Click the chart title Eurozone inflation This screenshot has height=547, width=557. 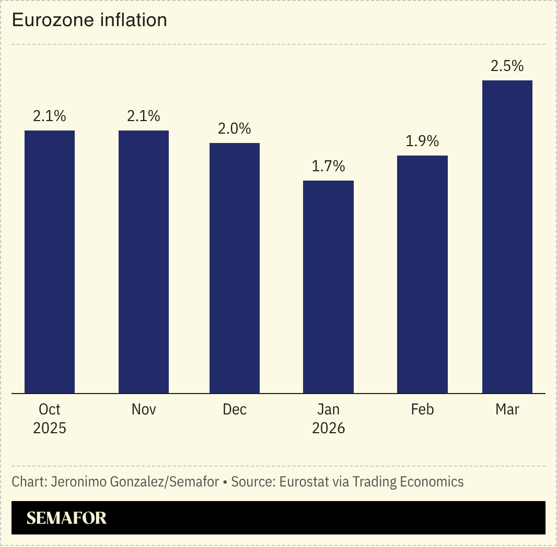click(x=89, y=20)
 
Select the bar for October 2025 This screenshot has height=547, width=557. click(x=50, y=261)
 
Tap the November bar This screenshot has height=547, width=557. click(x=144, y=261)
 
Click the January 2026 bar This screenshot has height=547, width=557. click(x=329, y=287)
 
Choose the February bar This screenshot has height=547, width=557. click(x=422, y=274)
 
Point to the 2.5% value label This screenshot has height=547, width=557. click(x=507, y=66)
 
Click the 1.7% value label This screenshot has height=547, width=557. click(x=329, y=167)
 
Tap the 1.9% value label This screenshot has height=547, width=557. click(x=422, y=141)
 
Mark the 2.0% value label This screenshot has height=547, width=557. click(x=235, y=129)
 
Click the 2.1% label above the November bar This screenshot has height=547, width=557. click(x=144, y=116)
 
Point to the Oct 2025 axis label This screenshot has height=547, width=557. click(x=50, y=419)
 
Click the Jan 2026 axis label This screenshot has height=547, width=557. click(x=329, y=419)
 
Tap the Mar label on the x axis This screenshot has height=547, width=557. click(x=507, y=410)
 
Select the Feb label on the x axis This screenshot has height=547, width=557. click(x=422, y=410)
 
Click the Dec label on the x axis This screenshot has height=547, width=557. click(x=235, y=410)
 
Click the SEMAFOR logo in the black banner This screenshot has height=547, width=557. click(x=66, y=518)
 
